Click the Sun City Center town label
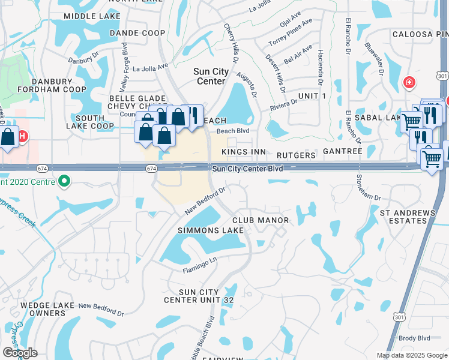pyautogui.click(x=211, y=76)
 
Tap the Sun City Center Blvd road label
pyautogui.click(x=247, y=169)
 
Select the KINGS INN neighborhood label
pyautogui.click(x=243, y=152)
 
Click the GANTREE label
pyautogui.click(x=343, y=152)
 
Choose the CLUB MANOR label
pyautogui.click(x=261, y=221)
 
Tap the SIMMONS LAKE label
pyautogui.click(x=211, y=230)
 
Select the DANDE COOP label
pyautogui.click(x=137, y=34)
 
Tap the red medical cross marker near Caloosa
pyautogui.click(x=409, y=82)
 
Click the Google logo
pyautogui.click(x=19, y=353)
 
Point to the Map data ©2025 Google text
pyautogui.click(x=411, y=355)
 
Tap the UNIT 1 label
pyautogui.click(x=312, y=96)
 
